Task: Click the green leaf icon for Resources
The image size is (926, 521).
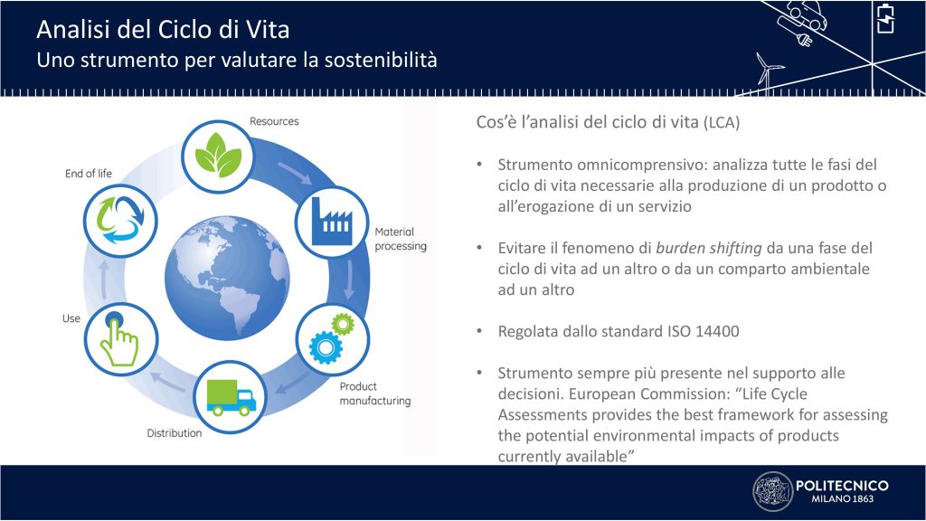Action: point(218,155)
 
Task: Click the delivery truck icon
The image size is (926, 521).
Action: point(231,398)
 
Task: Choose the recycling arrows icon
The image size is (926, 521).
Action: point(120,219)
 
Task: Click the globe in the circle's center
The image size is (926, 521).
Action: point(227,278)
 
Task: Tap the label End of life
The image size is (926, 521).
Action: point(88,173)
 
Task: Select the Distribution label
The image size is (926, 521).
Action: point(175,433)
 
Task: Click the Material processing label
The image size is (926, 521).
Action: point(401,239)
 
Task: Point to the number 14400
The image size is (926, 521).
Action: point(717,331)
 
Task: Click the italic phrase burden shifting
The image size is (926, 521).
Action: point(709,248)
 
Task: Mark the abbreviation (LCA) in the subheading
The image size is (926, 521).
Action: point(722,123)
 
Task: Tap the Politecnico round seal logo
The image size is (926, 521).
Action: point(772,491)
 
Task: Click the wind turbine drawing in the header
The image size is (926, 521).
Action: point(768,71)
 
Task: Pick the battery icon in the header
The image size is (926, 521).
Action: point(885,18)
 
